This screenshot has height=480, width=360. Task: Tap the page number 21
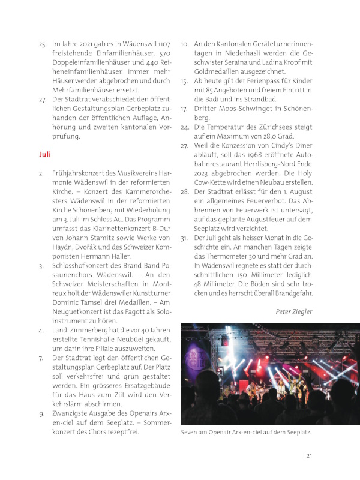point(309,456)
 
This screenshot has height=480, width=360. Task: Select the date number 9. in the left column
point(41,413)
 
